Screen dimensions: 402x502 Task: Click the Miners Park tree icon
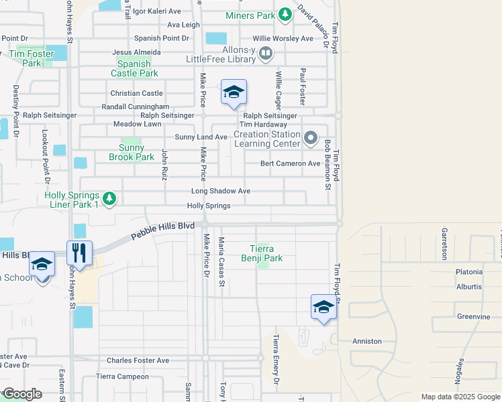pyautogui.click(x=286, y=14)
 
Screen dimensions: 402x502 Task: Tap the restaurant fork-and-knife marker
pyautogui.click(x=79, y=253)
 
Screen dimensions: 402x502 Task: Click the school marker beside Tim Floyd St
pyautogui.click(x=323, y=307)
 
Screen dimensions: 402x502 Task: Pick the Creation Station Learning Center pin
pyautogui.click(x=310, y=139)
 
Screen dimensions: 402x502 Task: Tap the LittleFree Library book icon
pyautogui.click(x=266, y=53)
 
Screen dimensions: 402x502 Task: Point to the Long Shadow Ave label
pyautogui.click(x=220, y=191)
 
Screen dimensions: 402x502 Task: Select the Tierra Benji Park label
pyautogui.click(x=262, y=253)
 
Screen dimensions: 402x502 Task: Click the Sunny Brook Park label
pyautogui.click(x=132, y=153)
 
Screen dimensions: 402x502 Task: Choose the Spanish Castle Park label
pyautogui.click(x=134, y=68)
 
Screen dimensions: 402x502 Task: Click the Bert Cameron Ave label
pyautogui.click(x=291, y=163)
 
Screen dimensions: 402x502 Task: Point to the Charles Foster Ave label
pyautogui.click(x=138, y=360)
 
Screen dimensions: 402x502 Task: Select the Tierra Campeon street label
pyautogui.click(x=122, y=377)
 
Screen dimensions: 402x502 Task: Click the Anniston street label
pyautogui.click(x=367, y=341)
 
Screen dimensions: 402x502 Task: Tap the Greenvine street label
pyautogui.click(x=459, y=316)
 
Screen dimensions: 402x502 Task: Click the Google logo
pyautogui.click(x=22, y=394)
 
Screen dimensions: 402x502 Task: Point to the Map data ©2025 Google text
pyautogui.click(x=460, y=397)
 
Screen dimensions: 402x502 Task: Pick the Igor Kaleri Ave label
pyautogui.click(x=157, y=11)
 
